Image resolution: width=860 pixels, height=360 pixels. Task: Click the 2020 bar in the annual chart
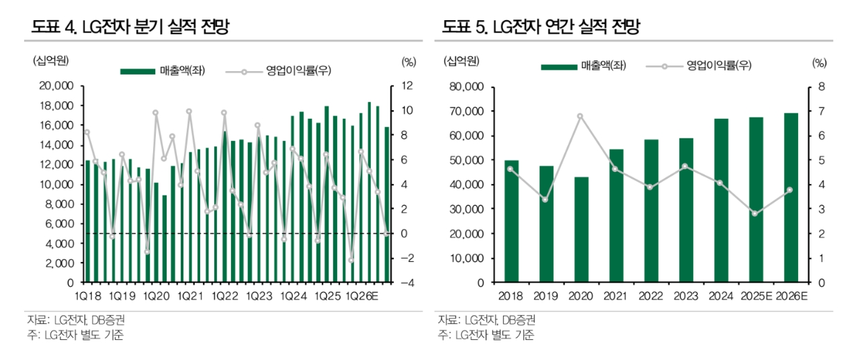(x=582, y=230)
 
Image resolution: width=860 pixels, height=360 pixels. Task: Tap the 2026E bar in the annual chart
(x=791, y=197)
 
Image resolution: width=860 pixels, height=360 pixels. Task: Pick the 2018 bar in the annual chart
(x=512, y=221)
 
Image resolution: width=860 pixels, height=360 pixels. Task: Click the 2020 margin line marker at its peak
(x=580, y=116)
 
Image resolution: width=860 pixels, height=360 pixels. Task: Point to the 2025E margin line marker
(x=755, y=214)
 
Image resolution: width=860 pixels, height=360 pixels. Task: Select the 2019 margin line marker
(x=546, y=199)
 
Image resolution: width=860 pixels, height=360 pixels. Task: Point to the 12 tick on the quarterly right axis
(x=408, y=86)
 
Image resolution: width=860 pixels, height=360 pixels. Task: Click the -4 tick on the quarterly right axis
(x=406, y=283)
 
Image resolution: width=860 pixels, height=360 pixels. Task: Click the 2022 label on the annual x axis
(x=650, y=296)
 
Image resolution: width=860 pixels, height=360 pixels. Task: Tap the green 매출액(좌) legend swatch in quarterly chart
(x=138, y=71)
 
